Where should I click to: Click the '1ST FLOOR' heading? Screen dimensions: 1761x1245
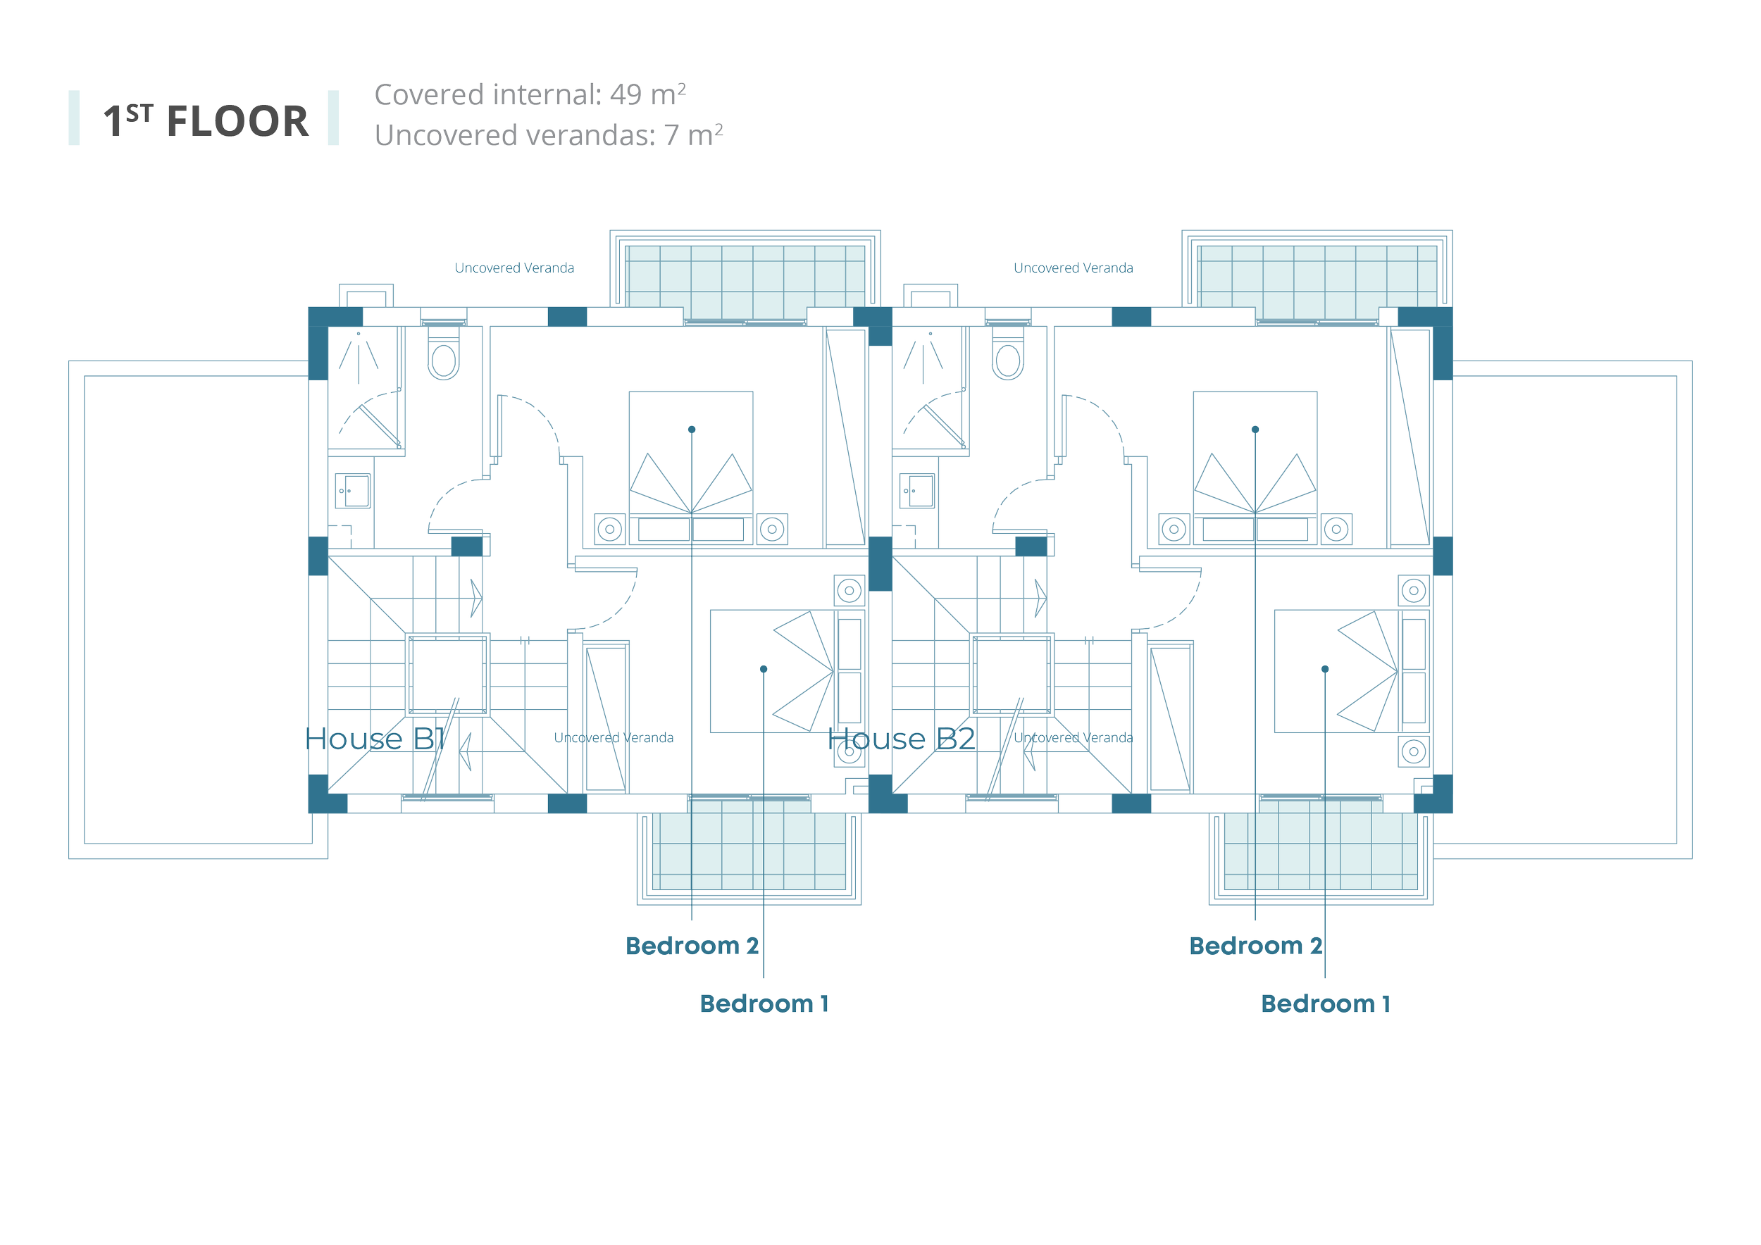(206, 120)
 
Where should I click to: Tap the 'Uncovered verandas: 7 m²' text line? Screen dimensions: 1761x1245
(549, 135)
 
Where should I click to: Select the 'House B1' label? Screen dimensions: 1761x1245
(375, 739)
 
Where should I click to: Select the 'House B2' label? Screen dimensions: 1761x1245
(901, 739)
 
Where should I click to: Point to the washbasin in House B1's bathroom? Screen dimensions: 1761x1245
(353, 491)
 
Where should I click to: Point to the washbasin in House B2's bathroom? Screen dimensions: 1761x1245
(917, 491)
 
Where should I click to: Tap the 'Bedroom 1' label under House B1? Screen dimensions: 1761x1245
(764, 1003)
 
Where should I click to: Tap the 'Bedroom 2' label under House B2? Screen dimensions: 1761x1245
(1255, 946)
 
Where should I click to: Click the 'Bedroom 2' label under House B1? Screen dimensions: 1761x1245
(692, 946)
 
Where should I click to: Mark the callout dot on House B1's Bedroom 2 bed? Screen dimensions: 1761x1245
(692, 430)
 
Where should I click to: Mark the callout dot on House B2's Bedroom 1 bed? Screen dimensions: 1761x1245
(1324, 669)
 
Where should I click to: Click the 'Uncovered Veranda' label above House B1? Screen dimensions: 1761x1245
(515, 268)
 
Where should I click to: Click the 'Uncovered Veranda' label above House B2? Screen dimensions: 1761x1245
(1074, 268)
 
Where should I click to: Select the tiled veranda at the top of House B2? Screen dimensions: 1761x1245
(1317, 276)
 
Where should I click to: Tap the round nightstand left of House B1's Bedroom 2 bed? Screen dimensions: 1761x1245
(610, 529)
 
